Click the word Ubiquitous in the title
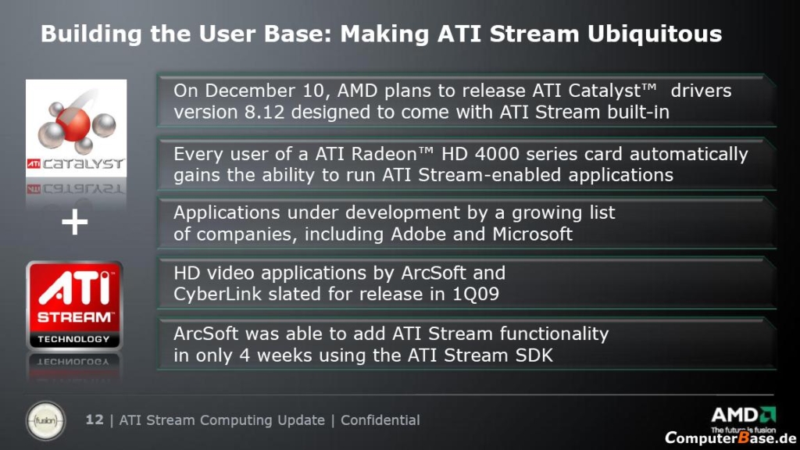(655, 34)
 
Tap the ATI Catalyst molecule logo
(76, 128)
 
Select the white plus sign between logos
(74, 222)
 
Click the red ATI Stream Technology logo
(74, 305)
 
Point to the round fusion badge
(45, 421)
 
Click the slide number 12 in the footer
(95, 420)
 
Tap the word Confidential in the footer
(380, 420)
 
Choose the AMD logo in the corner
(744, 419)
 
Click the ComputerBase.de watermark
(730, 437)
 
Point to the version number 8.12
(264, 112)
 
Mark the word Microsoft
(532, 234)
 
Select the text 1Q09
(476, 295)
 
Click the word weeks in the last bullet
(284, 355)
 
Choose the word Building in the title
(91, 34)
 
